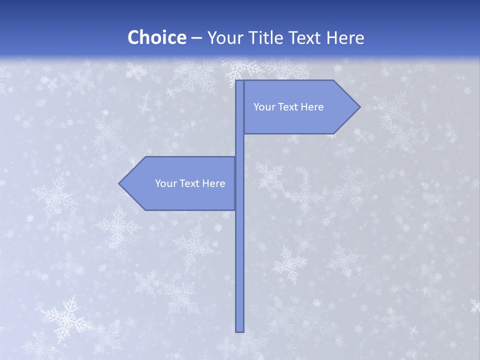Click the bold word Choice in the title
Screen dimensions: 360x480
[x=156, y=38]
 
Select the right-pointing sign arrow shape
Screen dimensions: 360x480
[x=300, y=107]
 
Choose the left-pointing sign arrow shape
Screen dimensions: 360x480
[x=180, y=183]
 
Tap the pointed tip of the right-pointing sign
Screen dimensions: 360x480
[x=358, y=107]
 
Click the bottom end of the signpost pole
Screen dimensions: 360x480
[x=239, y=330]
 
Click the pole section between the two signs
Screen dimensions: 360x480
[x=239, y=145]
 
